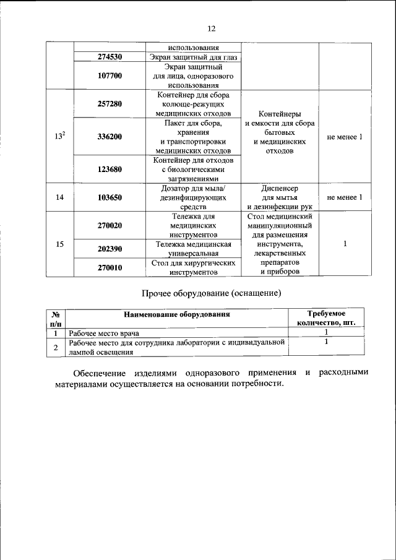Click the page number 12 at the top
click(210, 28)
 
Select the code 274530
click(110, 57)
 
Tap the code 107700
click(110, 75)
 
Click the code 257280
click(110, 104)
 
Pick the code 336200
click(110, 136)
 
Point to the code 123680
click(110, 168)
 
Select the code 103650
click(110, 197)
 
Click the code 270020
click(110, 226)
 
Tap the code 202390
click(110, 249)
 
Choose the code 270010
click(110, 267)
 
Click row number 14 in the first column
click(59, 197)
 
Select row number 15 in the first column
click(59, 244)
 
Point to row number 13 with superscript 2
click(59, 136)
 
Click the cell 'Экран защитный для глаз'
click(193, 57)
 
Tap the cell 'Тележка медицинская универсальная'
click(193, 249)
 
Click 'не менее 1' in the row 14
click(345, 197)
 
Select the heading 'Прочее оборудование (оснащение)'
click(212, 293)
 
